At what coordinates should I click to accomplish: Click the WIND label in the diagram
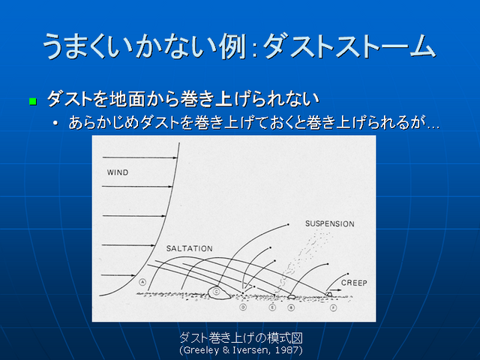(x=118, y=172)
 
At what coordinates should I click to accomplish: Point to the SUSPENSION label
(x=329, y=223)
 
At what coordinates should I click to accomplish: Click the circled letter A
(x=142, y=282)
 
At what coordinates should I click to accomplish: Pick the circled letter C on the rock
(x=217, y=291)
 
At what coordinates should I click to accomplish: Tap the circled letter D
(x=243, y=307)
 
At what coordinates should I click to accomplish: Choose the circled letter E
(x=271, y=307)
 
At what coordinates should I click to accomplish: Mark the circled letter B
(x=291, y=307)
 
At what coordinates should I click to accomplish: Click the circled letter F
(x=332, y=307)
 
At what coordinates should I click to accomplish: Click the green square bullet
(x=32, y=100)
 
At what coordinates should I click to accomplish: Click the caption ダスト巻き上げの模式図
(x=240, y=337)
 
